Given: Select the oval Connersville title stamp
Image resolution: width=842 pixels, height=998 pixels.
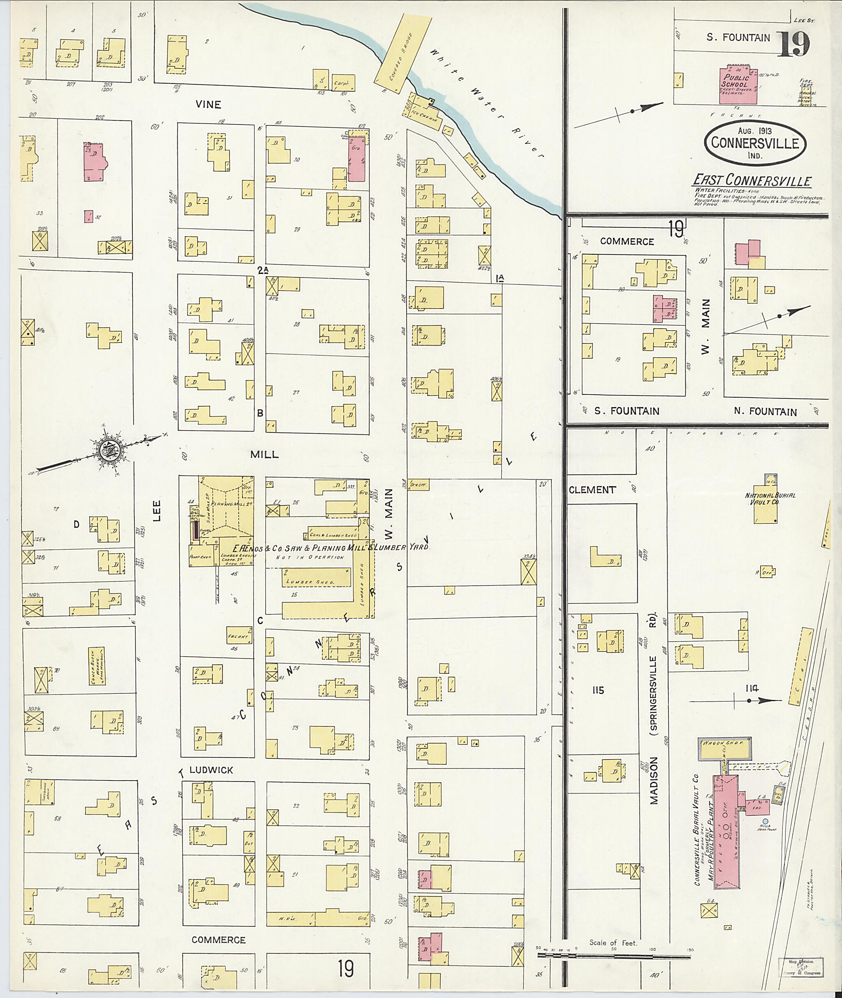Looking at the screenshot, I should pos(755,142).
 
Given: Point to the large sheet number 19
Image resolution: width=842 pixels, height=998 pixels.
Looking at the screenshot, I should pos(793,45).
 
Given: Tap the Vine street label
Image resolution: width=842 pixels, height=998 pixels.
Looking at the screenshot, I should pos(208,104).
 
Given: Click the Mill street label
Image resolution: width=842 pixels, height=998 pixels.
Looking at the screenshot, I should pos(264,455).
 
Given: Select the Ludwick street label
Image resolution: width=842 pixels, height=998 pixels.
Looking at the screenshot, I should pos(211,770).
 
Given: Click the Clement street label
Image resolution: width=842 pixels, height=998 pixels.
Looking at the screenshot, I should pos(592,489).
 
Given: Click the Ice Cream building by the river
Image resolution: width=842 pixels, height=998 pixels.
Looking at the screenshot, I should pos(424,113).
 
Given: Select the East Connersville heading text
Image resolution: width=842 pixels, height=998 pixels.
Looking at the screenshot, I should pos(752,180).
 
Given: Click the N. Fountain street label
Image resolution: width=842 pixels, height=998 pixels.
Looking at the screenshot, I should pos(765,412).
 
